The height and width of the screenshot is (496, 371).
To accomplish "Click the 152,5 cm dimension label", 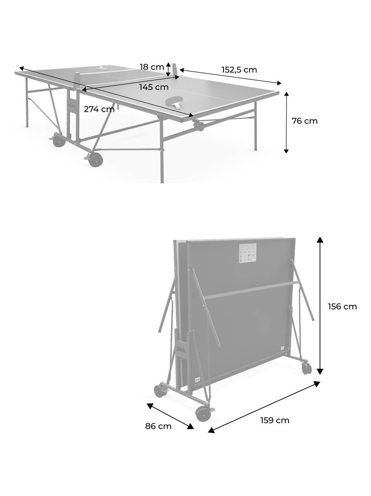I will tap(239, 70).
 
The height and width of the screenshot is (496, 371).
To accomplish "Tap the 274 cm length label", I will tap(99, 109).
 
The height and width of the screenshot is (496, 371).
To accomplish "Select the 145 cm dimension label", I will tap(154, 87).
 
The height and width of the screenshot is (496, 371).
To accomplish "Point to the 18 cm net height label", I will tap(152, 67).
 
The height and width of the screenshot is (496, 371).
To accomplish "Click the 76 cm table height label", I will tap(305, 121).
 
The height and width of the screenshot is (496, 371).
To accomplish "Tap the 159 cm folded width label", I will tap(275, 420).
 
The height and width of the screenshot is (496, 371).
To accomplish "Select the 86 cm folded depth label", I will tap(158, 426).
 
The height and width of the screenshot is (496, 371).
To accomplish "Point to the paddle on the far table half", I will tap(101, 68).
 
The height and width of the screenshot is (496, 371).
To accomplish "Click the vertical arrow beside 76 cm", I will tap(287, 122).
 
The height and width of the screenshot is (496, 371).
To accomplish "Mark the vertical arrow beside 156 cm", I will tap(320, 305).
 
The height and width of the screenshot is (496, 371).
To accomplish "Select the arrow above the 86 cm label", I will tap(170, 416).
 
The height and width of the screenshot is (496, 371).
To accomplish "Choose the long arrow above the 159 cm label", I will tap(264, 407).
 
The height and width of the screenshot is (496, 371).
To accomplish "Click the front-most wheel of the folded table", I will tap(202, 413).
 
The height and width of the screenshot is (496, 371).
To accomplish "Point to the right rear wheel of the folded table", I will tap(307, 368).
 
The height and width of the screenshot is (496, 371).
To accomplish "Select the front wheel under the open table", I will tap(96, 160).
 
